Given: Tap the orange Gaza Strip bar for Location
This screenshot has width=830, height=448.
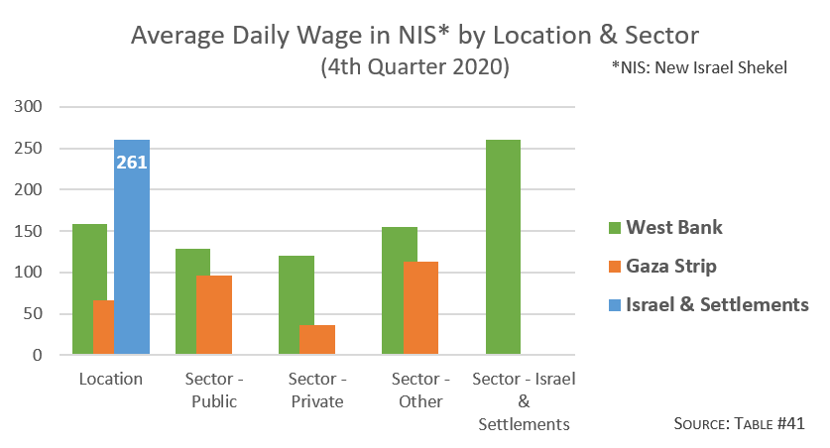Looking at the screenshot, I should point(103,327).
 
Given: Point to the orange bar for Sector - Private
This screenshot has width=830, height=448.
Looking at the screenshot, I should point(316,340).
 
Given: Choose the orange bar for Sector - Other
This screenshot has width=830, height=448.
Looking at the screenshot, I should point(419,308).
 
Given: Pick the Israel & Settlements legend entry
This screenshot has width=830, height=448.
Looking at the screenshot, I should point(709,304).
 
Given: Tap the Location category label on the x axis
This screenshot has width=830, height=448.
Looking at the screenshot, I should point(110,379).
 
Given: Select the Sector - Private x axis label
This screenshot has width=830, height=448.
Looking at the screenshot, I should point(315,391).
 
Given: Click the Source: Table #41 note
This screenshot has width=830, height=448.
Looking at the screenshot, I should point(739,423).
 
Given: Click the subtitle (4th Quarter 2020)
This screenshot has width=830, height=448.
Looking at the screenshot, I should point(415,68).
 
